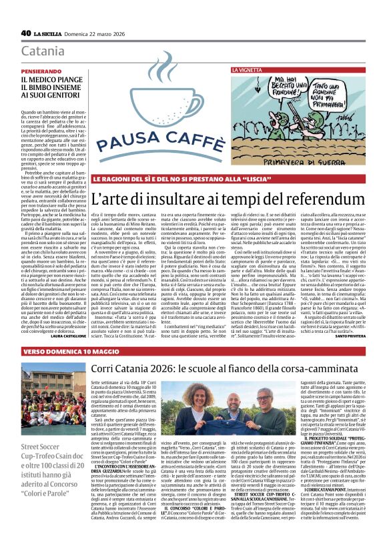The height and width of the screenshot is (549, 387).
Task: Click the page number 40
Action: [x=26, y=32]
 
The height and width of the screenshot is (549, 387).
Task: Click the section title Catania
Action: [x=43, y=51]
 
